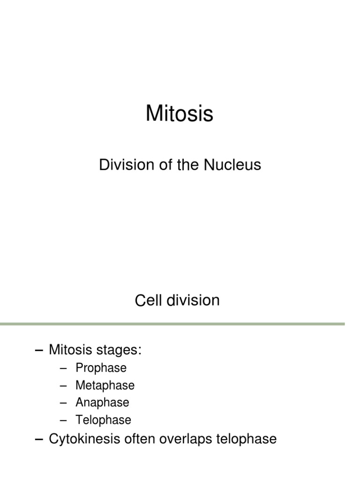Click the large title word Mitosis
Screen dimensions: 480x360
(180, 113)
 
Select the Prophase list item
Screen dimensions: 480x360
(101, 368)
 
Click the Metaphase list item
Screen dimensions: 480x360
(105, 385)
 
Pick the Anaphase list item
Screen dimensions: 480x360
(102, 402)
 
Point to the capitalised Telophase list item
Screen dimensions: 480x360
(103, 420)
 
